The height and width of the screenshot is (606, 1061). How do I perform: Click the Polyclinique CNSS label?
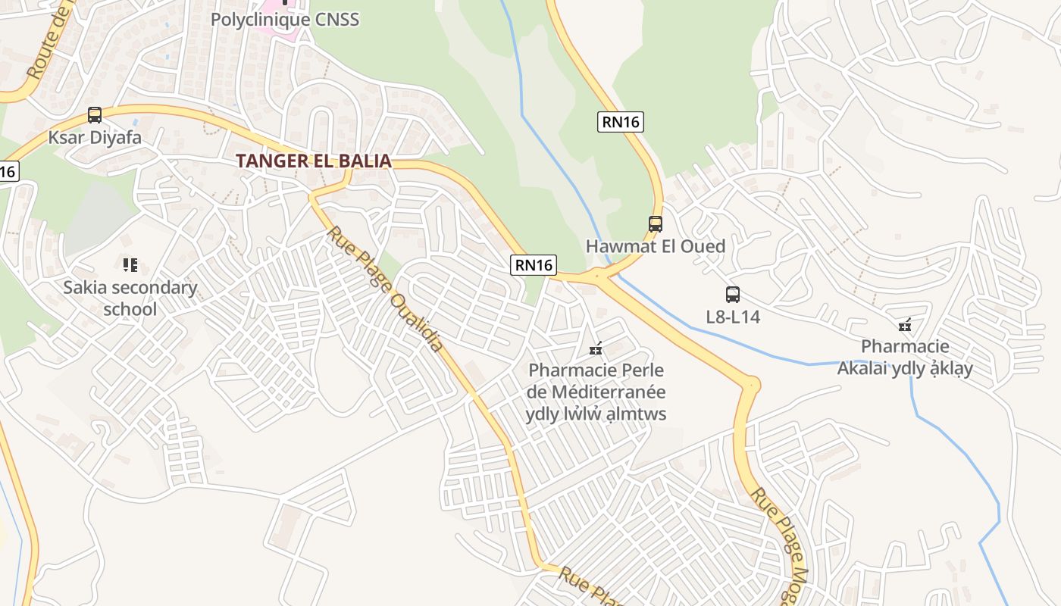[284, 20]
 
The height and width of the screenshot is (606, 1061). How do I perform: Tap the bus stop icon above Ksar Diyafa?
[95, 115]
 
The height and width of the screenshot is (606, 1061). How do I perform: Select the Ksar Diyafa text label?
[95, 138]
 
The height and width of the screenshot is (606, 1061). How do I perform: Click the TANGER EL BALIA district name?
[314, 161]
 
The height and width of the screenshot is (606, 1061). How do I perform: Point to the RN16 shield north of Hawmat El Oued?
[620, 121]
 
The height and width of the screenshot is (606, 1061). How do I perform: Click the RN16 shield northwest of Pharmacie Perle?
[534, 264]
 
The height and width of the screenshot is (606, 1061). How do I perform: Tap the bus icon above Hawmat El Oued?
[656, 224]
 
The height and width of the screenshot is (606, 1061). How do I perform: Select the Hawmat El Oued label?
[656, 246]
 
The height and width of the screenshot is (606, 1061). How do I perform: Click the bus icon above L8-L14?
[732, 295]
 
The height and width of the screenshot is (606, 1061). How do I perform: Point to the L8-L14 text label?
[733, 317]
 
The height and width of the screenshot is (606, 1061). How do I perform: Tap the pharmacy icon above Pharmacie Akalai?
[904, 325]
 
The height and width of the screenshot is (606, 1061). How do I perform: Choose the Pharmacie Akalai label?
[905, 358]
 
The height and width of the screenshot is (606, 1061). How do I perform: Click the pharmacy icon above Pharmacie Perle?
[596, 349]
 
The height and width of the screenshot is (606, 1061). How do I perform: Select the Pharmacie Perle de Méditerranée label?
[596, 392]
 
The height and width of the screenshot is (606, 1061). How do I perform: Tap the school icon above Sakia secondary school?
[130, 265]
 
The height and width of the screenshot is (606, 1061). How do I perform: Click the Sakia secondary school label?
[130, 298]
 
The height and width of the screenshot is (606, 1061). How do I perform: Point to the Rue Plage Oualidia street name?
[385, 288]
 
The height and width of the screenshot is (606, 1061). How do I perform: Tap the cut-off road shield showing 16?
[7, 171]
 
